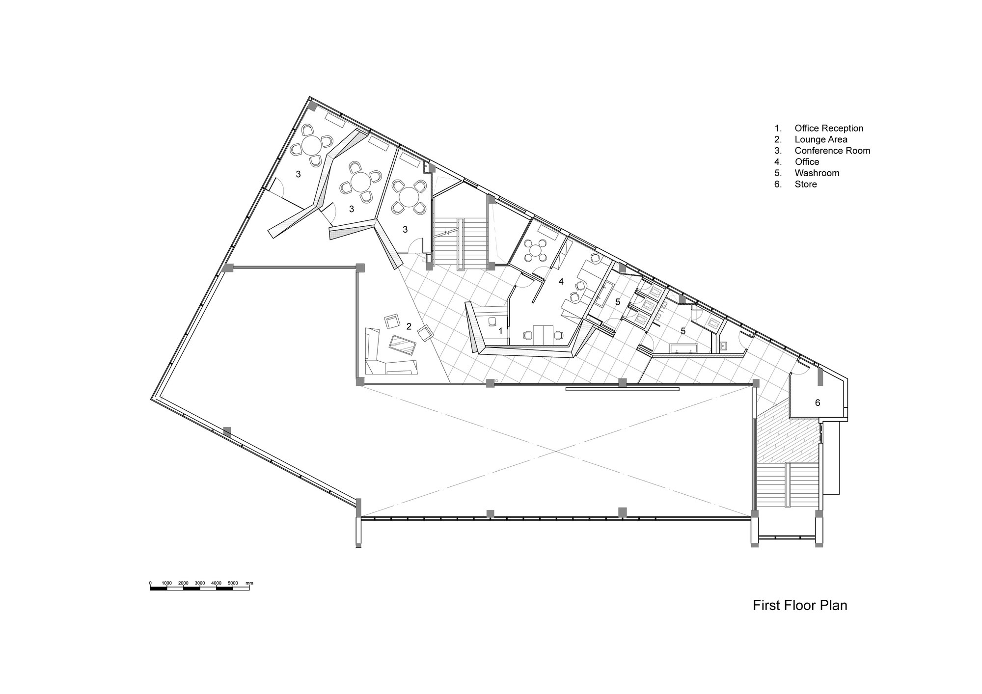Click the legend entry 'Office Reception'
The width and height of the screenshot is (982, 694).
pyautogui.click(x=829, y=128)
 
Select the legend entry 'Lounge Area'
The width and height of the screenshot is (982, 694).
pyautogui.click(x=821, y=139)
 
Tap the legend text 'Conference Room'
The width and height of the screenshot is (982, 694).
pyautogui.click(x=832, y=151)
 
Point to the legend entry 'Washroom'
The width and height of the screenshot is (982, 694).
pyautogui.click(x=817, y=173)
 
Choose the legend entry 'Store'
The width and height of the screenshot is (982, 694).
pyautogui.click(x=806, y=184)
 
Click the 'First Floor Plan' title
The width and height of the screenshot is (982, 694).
pyautogui.click(x=800, y=605)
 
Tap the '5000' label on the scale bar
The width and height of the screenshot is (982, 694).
pyautogui.click(x=233, y=583)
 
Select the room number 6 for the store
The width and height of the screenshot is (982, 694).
pyautogui.click(x=818, y=403)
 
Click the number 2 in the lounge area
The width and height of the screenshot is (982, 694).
pyautogui.click(x=409, y=326)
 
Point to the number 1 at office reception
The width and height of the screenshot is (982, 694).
pyautogui.click(x=500, y=331)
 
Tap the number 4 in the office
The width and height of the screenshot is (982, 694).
pyautogui.click(x=561, y=282)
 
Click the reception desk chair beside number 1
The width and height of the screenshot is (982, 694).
pyautogui.click(x=492, y=321)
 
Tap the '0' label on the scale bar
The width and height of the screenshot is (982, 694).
pyautogui.click(x=150, y=583)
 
